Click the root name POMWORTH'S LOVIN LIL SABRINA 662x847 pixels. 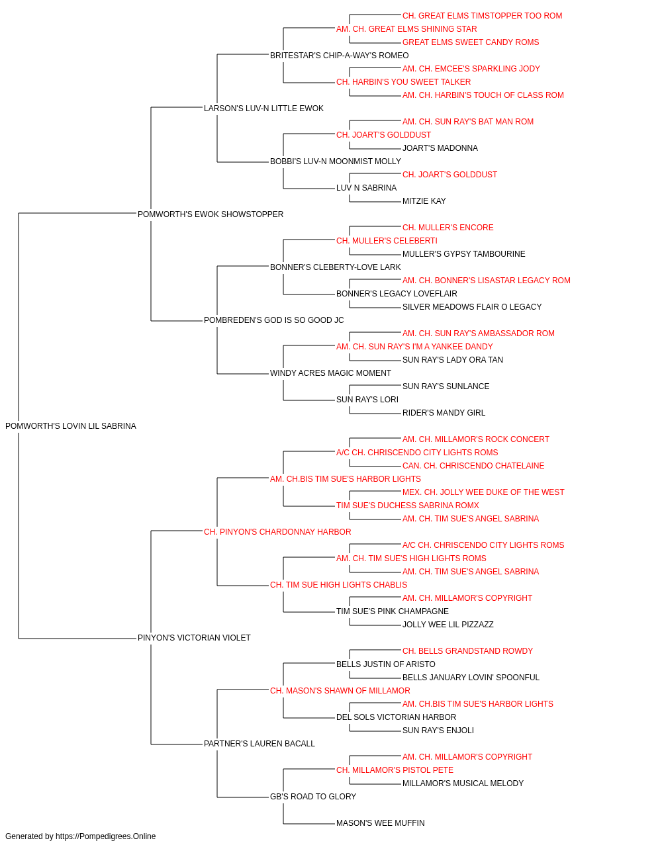pyautogui.click(x=71, y=426)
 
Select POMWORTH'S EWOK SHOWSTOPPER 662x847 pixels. pyautogui.click(x=211, y=214)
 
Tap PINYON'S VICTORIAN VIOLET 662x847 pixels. pyautogui.click(x=194, y=638)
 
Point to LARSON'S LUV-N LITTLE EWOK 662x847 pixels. pyautogui.click(x=263, y=109)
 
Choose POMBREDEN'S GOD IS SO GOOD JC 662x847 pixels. pyautogui.click(x=273, y=320)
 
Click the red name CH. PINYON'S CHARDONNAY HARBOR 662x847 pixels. pyautogui.click(x=277, y=531)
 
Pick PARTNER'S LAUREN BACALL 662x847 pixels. pyautogui.click(x=260, y=743)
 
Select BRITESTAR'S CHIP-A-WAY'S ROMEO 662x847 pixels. pyautogui.click(x=339, y=56)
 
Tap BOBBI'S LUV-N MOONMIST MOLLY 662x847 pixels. pyautogui.click(x=335, y=161)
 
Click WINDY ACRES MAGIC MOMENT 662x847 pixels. pyautogui.click(x=330, y=373)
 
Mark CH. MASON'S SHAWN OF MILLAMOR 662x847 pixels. pyautogui.click(x=340, y=691)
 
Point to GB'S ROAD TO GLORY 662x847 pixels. pyautogui.click(x=313, y=796)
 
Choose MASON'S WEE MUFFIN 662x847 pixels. pyautogui.click(x=381, y=823)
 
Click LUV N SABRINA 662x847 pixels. pyautogui.click(x=367, y=188)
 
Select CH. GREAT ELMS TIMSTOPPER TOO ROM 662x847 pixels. pyautogui.click(x=483, y=16)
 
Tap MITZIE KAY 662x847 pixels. pyautogui.click(x=424, y=201)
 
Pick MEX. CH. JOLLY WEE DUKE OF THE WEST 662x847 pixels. pyautogui.click(x=483, y=492)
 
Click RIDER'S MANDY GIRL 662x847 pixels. pyautogui.click(x=444, y=413)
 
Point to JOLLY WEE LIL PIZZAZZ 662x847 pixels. pyautogui.click(x=448, y=625)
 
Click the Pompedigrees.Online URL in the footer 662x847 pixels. pyautogui.click(x=106, y=836)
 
